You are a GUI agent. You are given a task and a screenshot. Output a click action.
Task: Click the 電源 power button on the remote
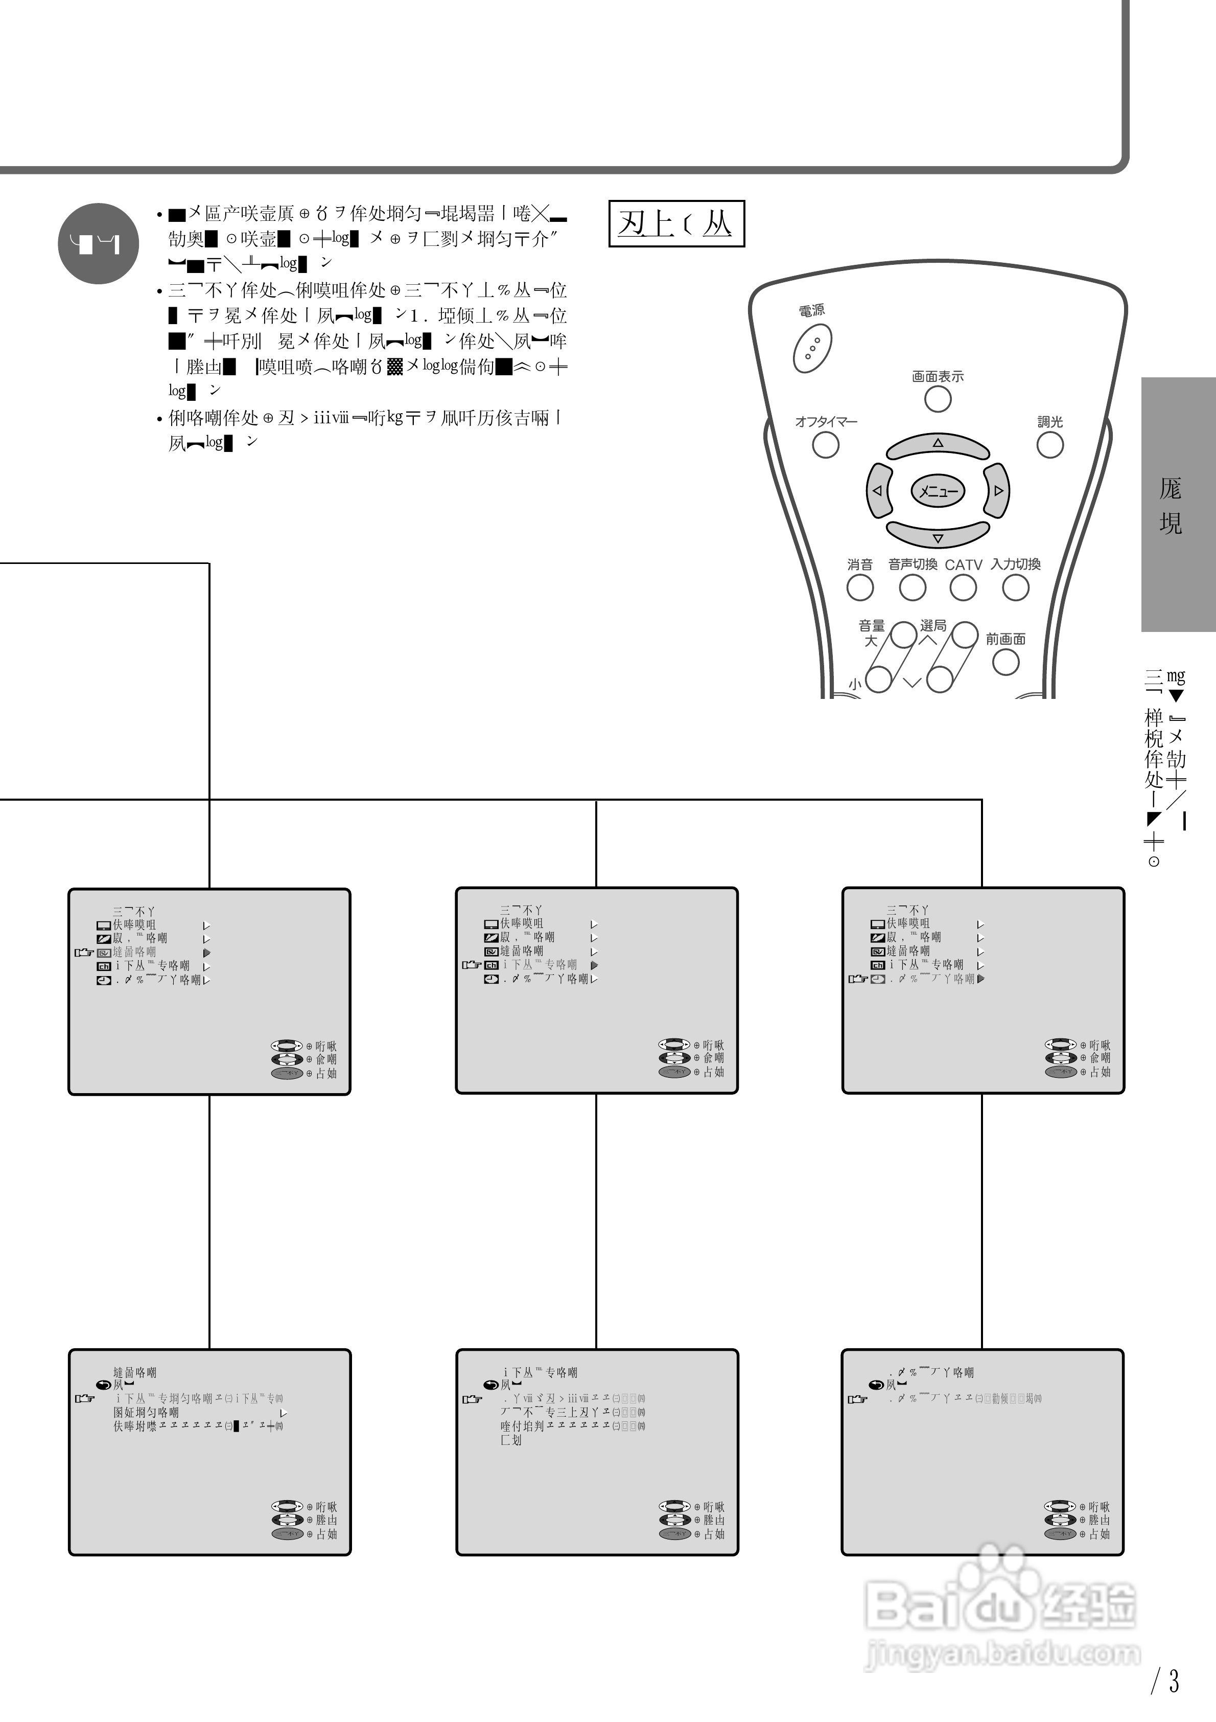click(812, 349)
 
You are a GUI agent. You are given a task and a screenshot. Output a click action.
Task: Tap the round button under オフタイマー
click(826, 445)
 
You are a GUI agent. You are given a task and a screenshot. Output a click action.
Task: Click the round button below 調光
click(1049, 445)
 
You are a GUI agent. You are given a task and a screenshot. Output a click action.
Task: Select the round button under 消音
click(860, 588)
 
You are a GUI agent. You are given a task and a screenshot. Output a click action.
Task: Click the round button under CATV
click(964, 588)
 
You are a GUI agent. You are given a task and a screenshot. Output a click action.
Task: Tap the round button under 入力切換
click(1016, 588)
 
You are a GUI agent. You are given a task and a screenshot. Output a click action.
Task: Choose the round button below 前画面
click(1005, 662)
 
